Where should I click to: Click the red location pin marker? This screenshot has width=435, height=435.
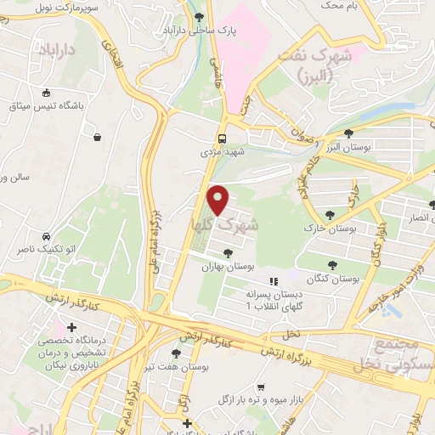point(218,200)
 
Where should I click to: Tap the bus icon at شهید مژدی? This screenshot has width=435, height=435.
point(222,138)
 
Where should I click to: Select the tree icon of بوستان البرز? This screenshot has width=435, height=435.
point(348,133)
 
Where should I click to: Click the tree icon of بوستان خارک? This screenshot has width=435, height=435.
point(330,215)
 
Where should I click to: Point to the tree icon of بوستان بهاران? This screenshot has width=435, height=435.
point(228,251)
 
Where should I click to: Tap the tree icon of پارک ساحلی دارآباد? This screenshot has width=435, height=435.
point(199,17)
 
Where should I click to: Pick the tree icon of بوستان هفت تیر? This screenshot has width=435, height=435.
point(176,353)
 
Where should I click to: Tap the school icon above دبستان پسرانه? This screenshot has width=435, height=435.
point(273,281)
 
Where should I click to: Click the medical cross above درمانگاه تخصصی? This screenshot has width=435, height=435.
point(71,327)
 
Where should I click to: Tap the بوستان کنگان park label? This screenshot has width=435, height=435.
point(332,278)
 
